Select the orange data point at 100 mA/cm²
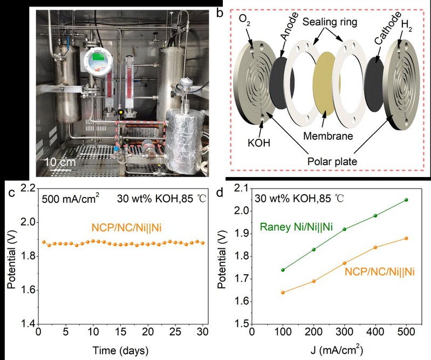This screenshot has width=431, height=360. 283,293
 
